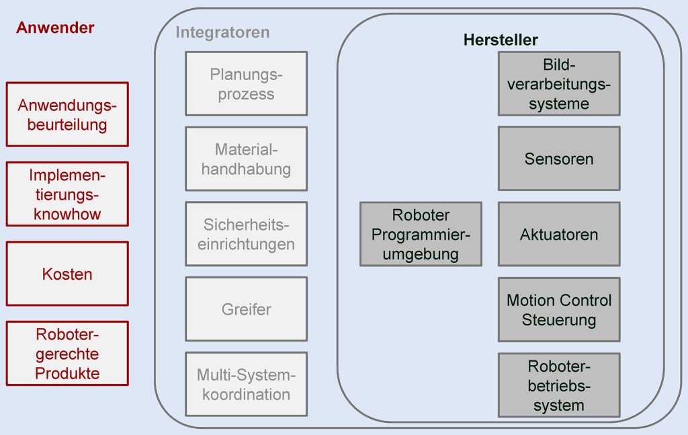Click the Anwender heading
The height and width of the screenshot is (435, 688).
tap(55, 28)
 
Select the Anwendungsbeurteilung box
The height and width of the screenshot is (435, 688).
tap(67, 114)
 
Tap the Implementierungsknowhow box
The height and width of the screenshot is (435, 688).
tap(67, 194)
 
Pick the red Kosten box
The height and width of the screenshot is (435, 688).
tap(67, 274)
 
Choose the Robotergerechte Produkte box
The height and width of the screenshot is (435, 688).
tap(67, 354)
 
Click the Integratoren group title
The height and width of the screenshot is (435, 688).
tap(222, 32)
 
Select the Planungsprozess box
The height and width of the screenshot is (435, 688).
tap(246, 84)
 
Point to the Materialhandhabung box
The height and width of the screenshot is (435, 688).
tap(246, 159)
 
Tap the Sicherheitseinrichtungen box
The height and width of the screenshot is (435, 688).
tap(246, 234)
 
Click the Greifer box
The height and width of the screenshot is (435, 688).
tap(246, 309)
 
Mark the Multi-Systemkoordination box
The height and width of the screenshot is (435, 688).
tap(246, 384)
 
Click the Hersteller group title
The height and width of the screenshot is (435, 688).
tap(501, 40)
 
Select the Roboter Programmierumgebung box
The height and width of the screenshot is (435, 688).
tap(421, 234)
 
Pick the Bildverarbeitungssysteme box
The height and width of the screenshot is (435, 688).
tap(559, 84)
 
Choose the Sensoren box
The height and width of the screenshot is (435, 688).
tap(559, 159)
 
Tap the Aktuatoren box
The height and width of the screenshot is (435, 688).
tap(559, 234)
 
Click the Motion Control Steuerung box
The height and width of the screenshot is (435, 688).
tap(559, 309)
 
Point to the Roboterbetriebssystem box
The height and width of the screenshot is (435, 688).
tap(559, 385)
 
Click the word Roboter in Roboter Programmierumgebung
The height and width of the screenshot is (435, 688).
tap(421, 215)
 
